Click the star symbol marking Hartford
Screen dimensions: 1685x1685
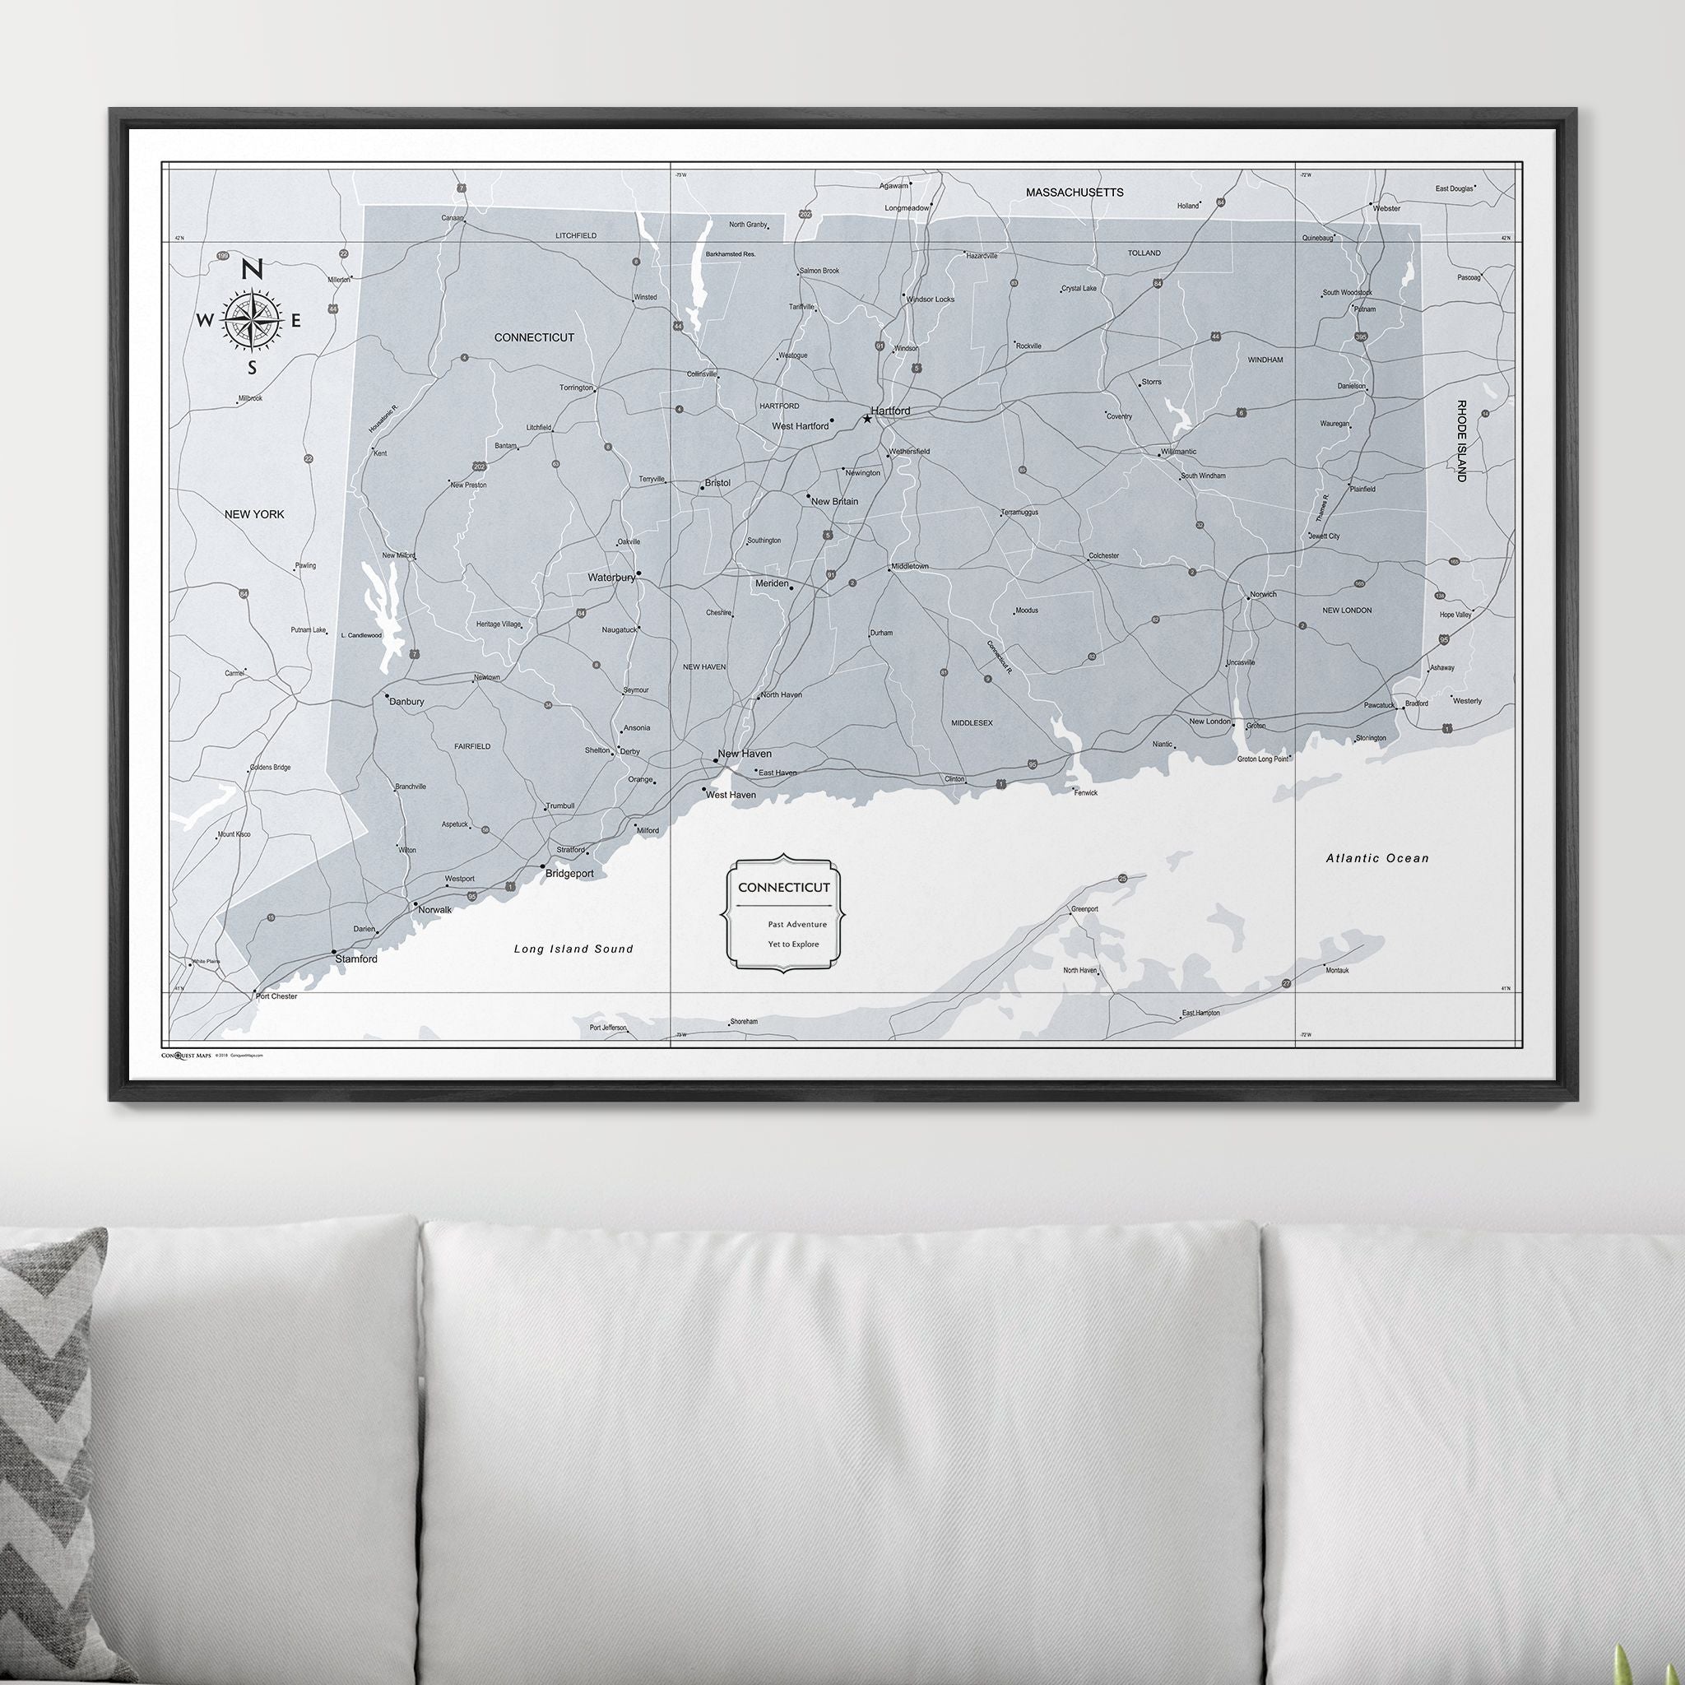[x=867, y=419]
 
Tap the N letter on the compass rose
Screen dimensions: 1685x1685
[x=251, y=270]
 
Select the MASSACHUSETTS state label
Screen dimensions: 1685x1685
[x=1075, y=192]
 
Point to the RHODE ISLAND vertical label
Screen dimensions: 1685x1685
[x=1461, y=441]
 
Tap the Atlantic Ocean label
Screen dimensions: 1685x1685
[x=1377, y=858]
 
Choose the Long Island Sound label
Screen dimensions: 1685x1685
[x=573, y=949]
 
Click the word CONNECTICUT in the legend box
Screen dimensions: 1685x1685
[x=784, y=887]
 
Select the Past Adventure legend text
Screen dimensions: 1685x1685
[x=797, y=924]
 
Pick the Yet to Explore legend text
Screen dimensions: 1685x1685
[x=794, y=944]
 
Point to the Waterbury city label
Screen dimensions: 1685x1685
[x=610, y=578]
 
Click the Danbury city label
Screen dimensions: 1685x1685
[x=406, y=701]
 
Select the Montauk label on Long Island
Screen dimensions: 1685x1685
[x=1336, y=970]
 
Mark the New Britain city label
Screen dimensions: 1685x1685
[x=833, y=502]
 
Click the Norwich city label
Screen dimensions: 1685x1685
[x=1263, y=595]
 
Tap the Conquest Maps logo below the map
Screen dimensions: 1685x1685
[x=187, y=1056]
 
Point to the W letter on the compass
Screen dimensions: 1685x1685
[x=203, y=320]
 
